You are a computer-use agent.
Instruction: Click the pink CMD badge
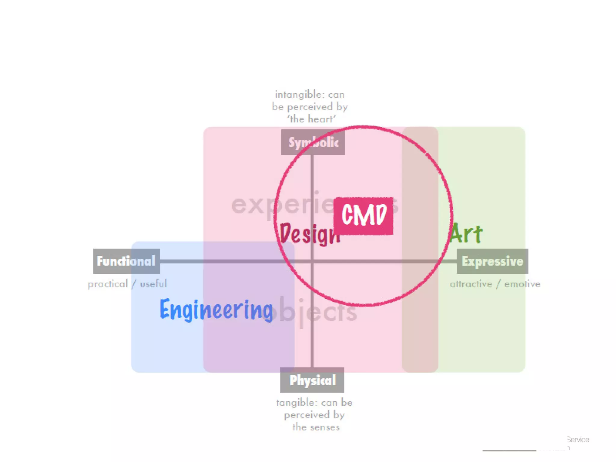[x=363, y=215]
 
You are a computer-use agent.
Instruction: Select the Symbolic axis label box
[x=313, y=142]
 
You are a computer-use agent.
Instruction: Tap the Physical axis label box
[x=312, y=380]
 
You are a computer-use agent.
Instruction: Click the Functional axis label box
[x=126, y=261]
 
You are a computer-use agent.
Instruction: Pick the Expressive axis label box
[x=492, y=261]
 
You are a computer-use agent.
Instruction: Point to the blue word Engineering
[x=216, y=310]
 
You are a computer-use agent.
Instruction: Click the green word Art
[x=466, y=233]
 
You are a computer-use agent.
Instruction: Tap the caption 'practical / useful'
[x=127, y=284]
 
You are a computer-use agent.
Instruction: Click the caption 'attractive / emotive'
[x=495, y=284]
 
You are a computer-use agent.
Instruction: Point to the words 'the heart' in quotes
[x=311, y=119]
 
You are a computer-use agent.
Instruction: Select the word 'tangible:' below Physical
[x=297, y=402]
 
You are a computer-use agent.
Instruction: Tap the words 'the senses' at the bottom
[x=316, y=427]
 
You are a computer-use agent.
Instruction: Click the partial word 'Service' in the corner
[x=578, y=439]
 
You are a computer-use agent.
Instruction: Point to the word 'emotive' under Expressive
[x=522, y=284]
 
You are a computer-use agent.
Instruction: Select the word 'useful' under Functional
[x=153, y=284]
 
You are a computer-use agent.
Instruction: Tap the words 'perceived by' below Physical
[x=314, y=415]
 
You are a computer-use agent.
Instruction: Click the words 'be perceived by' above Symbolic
[x=310, y=107]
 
